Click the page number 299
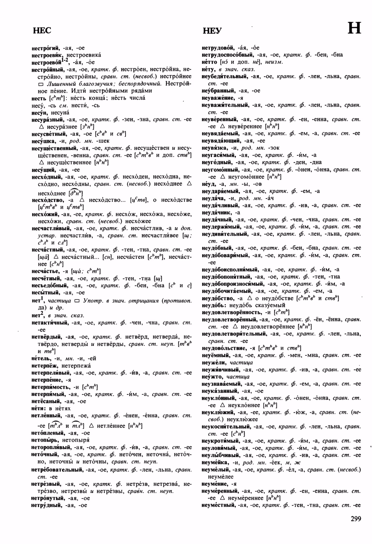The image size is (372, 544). tap(356, 519)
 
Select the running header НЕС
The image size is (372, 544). tap(42, 30)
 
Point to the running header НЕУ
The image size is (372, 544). tap(212, 31)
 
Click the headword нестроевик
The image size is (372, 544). tap(47, 55)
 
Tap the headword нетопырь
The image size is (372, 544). tap(44, 440)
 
